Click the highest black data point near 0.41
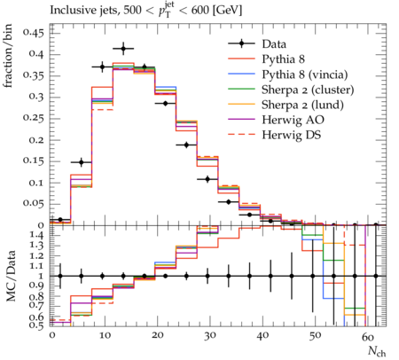pyautogui.click(x=123, y=49)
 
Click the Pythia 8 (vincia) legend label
pyautogui.click(x=305, y=74)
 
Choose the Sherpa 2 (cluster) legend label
pyautogui.click(x=308, y=90)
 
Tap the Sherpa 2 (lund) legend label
pyautogui.click(x=302, y=105)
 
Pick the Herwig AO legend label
pyautogui.click(x=293, y=120)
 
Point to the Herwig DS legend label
pyautogui.click(x=291, y=135)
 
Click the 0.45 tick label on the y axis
pyautogui.click(x=33, y=33)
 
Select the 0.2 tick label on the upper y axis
pyautogui.click(x=36, y=140)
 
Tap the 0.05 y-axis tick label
pyautogui.click(x=33, y=204)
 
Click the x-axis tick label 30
pyautogui.click(x=209, y=335)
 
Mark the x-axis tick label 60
pyautogui.click(x=368, y=337)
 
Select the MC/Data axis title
pyautogui.click(x=11, y=276)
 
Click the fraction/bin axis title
pyautogui.click(x=8, y=56)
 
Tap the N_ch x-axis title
pyautogui.click(x=377, y=351)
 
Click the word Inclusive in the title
pyautogui.click(x=70, y=10)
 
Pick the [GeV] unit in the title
pyautogui.click(x=227, y=11)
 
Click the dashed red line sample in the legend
pyautogui.click(x=241, y=135)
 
